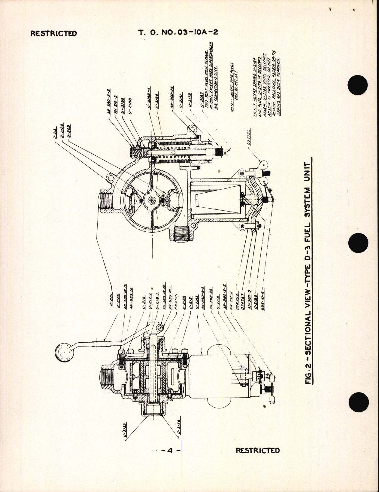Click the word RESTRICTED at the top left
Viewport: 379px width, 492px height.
pos(53,33)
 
